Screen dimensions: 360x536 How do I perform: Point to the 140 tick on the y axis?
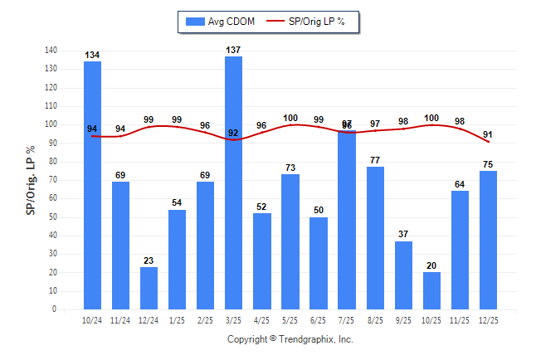tap(51, 50)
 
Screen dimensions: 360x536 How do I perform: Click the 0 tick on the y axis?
tap(54, 309)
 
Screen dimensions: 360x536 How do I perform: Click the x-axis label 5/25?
tap(290, 321)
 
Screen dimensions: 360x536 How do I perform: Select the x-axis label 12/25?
tap(489, 321)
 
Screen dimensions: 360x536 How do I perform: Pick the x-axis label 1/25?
tap(177, 321)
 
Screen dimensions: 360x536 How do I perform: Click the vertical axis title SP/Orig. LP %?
tap(31, 180)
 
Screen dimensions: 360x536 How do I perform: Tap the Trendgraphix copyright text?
tap(290, 339)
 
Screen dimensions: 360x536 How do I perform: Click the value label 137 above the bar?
tap(234, 51)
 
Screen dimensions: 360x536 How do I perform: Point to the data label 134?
tap(92, 56)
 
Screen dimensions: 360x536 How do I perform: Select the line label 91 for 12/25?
tap(488, 135)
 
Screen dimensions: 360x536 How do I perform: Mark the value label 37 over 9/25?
tap(403, 235)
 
